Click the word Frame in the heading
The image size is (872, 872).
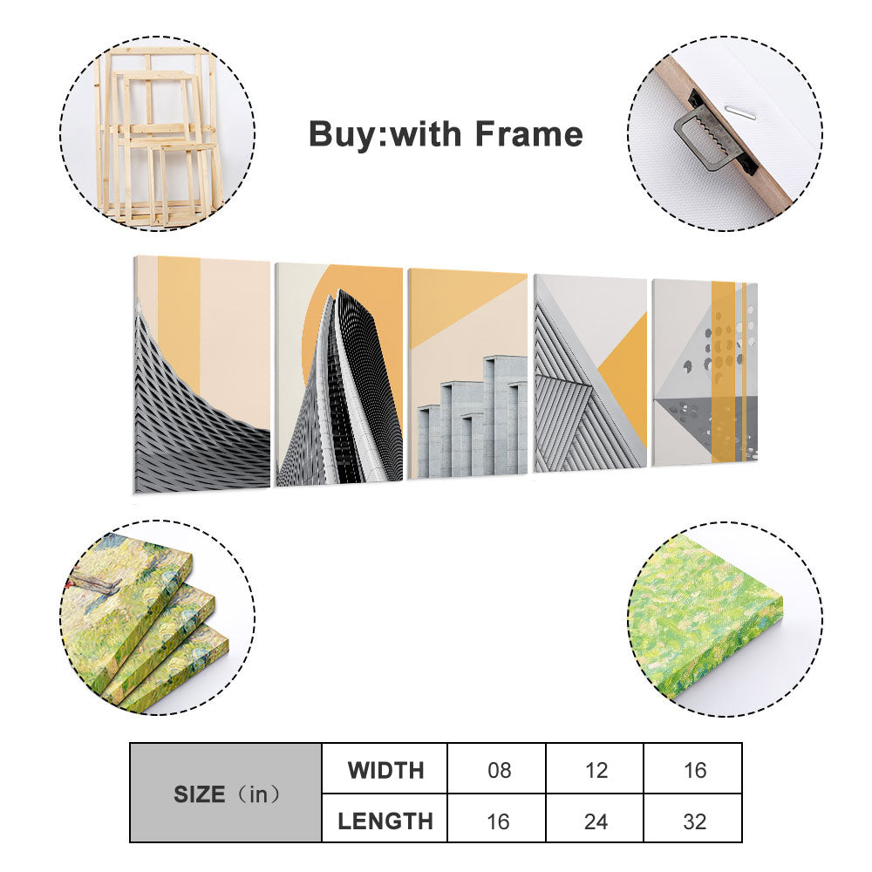[x=528, y=134]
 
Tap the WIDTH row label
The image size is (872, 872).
[x=385, y=770]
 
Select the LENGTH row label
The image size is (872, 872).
[x=385, y=821]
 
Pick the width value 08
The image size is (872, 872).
[x=499, y=770]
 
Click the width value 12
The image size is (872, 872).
[x=596, y=770]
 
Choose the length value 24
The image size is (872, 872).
[x=596, y=821]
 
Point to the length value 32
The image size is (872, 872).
[x=694, y=821]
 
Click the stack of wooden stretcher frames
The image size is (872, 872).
[x=157, y=136]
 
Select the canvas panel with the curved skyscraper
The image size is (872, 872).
[x=339, y=375]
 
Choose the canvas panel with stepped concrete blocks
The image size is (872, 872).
[x=467, y=373]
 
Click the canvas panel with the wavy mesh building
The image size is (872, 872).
[x=202, y=374]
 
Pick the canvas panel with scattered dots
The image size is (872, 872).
[x=705, y=372]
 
